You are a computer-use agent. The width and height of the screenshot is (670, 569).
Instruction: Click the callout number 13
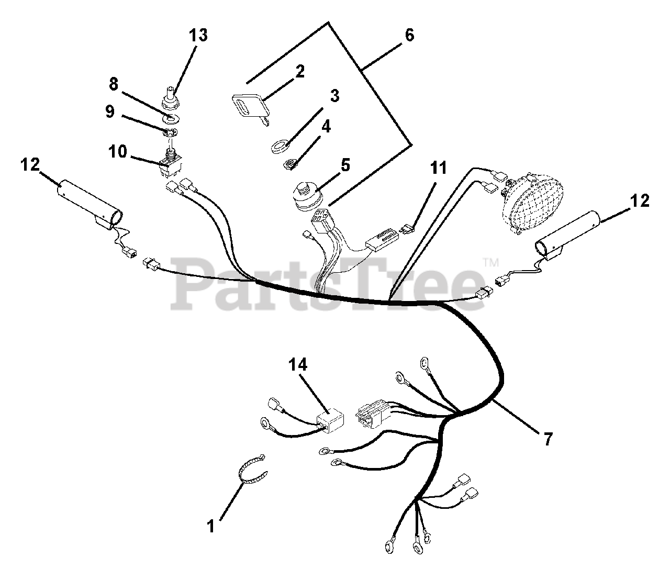(198, 36)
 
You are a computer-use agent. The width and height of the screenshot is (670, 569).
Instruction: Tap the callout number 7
(548, 439)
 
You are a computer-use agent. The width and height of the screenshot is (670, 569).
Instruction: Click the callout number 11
(439, 168)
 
